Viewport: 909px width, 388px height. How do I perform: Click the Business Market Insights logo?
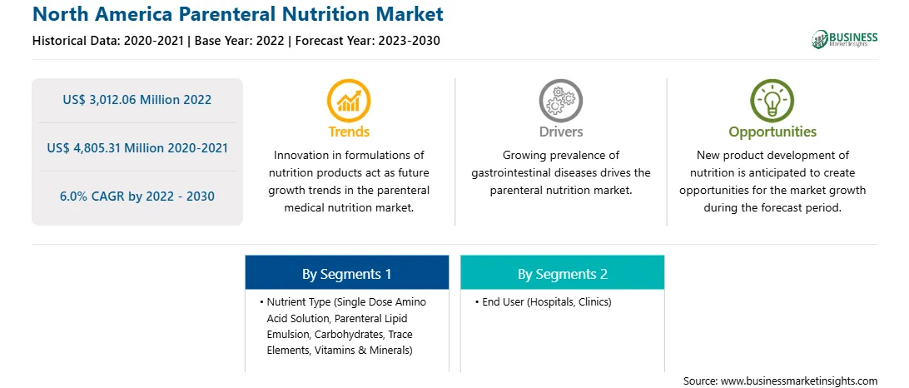pyautogui.click(x=845, y=39)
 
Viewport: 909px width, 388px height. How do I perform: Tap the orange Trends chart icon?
pyautogui.click(x=349, y=101)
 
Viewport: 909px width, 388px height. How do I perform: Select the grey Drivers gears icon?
pyautogui.click(x=560, y=101)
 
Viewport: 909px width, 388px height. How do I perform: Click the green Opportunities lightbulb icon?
pyautogui.click(x=772, y=101)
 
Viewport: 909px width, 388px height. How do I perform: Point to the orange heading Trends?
pyautogui.click(x=349, y=132)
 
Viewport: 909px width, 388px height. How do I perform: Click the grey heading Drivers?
pyautogui.click(x=560, y=132)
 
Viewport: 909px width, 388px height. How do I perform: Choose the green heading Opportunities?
pyautogui.click(x=772, y=132)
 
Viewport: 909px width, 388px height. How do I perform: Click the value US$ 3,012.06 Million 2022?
pyautogui.click(x=137, y=100)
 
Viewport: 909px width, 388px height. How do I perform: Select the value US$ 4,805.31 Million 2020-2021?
pyautogui.click(x=137, y=148)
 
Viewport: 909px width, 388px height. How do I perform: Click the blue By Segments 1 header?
pyautogui.click(x=346, y=274)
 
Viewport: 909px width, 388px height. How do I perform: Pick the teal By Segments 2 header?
pyautogui.click(x=563, y=274)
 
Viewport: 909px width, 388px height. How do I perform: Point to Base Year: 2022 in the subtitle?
pyautogui.click(x=239, y=41)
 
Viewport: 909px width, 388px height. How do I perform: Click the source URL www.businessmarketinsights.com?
pyautogui.click(x=799, y=381)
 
